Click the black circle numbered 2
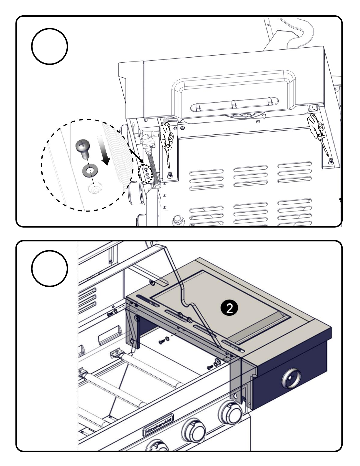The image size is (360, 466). pos(229,308)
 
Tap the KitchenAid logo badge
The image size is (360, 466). pos(158,425)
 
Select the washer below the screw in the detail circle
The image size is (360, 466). pos(90,171)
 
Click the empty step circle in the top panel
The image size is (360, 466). pos(50,46)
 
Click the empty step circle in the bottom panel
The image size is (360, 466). pos(50,268)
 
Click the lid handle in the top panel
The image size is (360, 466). pos(234,104)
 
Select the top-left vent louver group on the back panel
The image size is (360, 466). pos(206,179)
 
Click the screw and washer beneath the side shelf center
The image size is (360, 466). pos(163,341)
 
